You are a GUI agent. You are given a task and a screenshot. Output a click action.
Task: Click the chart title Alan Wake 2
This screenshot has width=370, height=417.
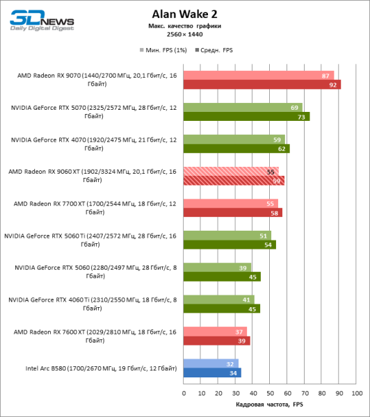coord(184,13)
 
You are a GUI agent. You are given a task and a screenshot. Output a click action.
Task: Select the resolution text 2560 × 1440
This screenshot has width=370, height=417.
coord(184,33)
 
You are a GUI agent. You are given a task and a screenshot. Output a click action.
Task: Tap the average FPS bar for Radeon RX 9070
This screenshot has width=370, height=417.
coord(262,85)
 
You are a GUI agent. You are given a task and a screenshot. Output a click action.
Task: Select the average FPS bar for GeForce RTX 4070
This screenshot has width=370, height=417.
coord(236,148)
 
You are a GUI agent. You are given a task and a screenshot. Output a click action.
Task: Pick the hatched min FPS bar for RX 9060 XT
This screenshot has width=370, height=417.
coord(231,171)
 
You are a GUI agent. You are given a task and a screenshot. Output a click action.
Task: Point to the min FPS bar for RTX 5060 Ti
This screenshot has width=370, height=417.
coord(227,236)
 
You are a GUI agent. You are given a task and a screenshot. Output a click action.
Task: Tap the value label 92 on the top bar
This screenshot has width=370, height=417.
coord(334,85)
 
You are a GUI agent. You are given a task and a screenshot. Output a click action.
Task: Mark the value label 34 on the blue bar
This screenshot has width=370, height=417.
coord(234,373)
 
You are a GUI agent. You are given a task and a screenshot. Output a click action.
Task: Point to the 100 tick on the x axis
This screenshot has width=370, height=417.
coord(357,393)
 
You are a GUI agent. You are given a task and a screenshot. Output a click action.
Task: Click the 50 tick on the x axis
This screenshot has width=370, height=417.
coord(271,393)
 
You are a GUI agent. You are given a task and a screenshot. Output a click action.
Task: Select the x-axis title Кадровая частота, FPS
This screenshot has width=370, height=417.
coord(270,404)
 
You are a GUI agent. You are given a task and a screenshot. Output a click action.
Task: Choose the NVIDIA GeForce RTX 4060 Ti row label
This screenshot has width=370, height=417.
coord(92,304)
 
